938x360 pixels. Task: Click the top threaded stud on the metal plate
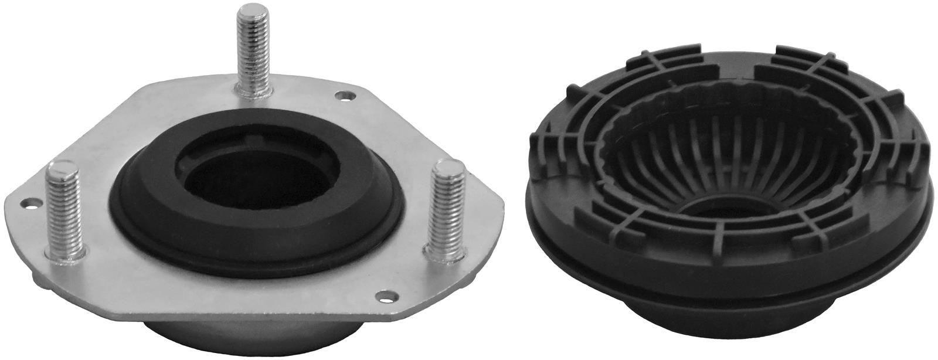coord(254,47)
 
